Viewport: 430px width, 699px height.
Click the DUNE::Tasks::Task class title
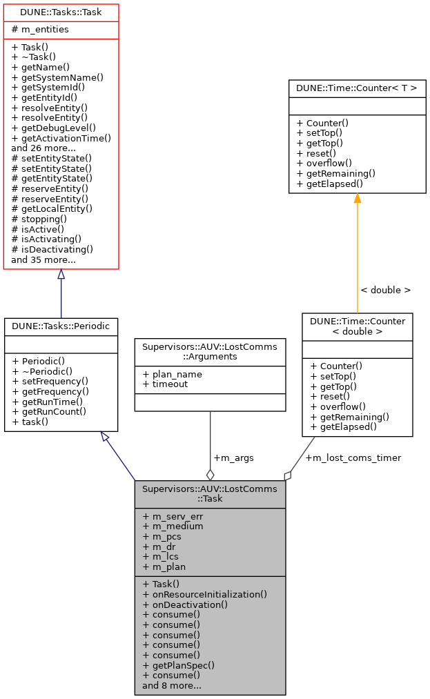tap(61, 12)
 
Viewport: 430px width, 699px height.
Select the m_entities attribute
tap(40, 29)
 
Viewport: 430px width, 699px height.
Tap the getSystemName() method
tap(57, 78)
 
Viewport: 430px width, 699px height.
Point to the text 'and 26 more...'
tap(44, 148)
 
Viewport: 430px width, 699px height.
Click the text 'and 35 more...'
tap(43, 259)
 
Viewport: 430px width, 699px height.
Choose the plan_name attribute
tap(172, 374)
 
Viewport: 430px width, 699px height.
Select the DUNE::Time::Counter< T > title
tap(357, 88)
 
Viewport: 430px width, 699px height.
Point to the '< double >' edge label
tap(385, 291)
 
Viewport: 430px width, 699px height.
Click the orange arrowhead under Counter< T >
tap(357, 199)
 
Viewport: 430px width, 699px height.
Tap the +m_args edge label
tap(233, 458)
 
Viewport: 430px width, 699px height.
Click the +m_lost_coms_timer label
tap(353, 457)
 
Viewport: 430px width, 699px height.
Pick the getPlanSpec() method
tap(179, 665)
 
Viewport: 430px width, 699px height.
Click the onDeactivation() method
tap(185, 604)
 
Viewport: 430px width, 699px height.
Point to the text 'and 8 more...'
tap(172, 686)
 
